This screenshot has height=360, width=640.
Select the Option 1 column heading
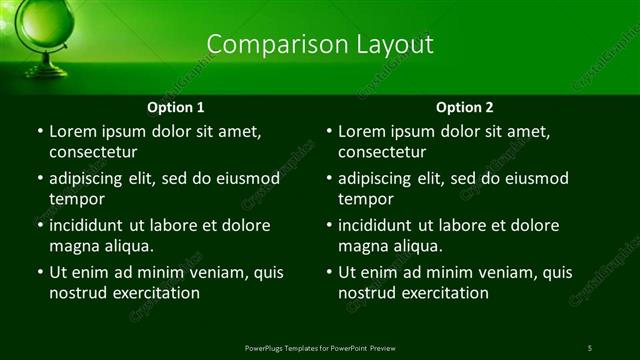pyautogui.click(x=176, y=107)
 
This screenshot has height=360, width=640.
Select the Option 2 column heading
pyautogui.click(x=465, y=107)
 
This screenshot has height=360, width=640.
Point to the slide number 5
pyautogui.click(x=590, y=347)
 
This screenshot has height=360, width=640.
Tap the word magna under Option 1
pyautogui.click(x=73, y=246)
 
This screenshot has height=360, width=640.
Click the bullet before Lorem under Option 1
pyautogui.click(x=39, y=132)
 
